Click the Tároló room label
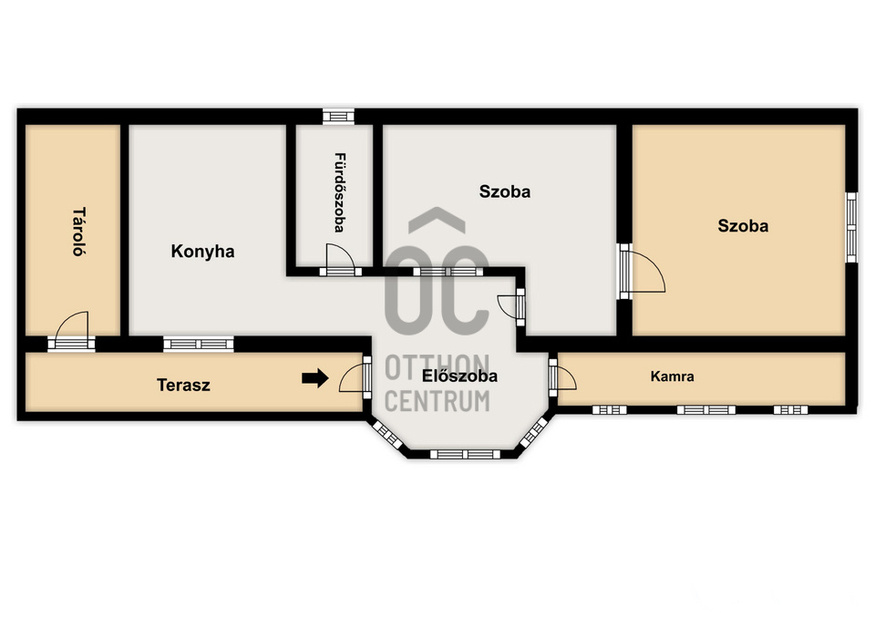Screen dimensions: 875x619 [x=79, y=232]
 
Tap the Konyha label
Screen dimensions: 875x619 [x=202, y=252]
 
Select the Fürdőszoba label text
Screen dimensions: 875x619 [x=339, y=192]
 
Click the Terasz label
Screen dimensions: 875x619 [x=183, y=385]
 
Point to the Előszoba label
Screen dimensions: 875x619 [x=459, y=376]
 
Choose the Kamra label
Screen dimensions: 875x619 [x=672, y=377]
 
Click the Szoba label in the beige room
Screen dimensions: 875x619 [x=743, y=225]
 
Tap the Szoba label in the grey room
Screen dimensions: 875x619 [x=504, y=191]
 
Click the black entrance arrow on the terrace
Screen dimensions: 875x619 [x=315, y=378]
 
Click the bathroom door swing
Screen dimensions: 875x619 [x=340, y=256]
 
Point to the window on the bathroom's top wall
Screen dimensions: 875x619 [x=339, y=116]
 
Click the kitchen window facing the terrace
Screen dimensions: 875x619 [x=199, y=344]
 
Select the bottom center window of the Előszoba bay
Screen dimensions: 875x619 [x=465, y=454]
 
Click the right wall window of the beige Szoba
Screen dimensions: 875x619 [x=851, y=227]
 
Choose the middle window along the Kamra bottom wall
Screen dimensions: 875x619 [x=705, y=409]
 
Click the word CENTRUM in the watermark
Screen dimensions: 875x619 [x=437, y=401]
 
